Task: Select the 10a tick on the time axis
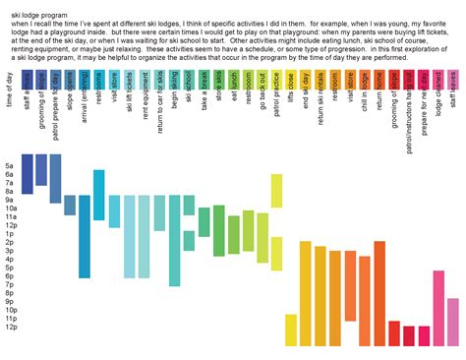coord(10,209)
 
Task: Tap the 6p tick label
coord(10,276)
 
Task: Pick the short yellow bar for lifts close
coord(290,330)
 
